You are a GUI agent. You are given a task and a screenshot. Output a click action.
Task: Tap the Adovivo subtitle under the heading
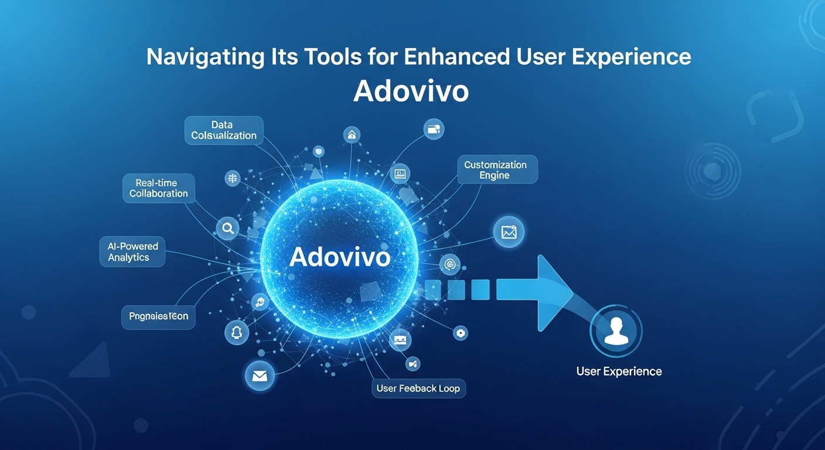coord(411,91)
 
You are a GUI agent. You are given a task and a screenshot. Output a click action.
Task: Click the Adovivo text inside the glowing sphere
coord(340,257)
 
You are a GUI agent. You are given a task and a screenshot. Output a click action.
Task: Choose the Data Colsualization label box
coord(224,130)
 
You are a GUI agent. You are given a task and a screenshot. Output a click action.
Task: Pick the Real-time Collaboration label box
coord(158,188)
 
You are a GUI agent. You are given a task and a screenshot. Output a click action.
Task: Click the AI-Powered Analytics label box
coord(132,252)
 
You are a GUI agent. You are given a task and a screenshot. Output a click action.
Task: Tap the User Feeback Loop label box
coord(418,388)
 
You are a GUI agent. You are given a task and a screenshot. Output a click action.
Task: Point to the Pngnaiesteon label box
coord(158,316)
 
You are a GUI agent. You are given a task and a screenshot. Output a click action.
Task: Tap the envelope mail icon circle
coord(260,376)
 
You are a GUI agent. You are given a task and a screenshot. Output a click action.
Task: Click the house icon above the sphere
coord(352,135)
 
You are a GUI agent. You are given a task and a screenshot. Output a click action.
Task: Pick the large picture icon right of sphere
coord(508,232)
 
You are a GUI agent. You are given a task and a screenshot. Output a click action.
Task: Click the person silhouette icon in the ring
coord(616,331)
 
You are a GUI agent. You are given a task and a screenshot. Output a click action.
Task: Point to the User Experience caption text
coord(619,371)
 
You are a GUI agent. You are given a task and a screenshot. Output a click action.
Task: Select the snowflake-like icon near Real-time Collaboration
coord(233,179)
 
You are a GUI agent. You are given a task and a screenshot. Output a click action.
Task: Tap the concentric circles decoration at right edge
coord(712,172)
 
